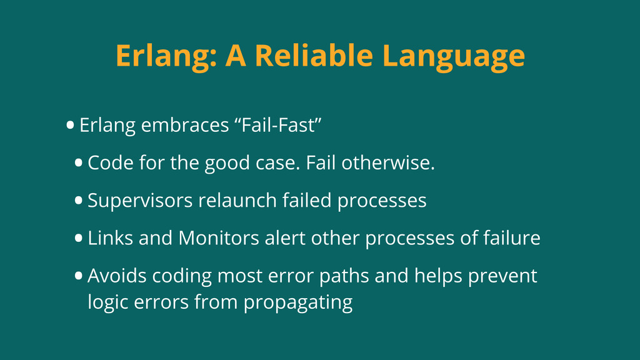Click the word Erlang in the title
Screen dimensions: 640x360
(166, 56)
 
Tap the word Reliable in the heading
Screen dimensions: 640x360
(314, 55)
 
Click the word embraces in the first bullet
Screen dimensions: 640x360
(185, 125)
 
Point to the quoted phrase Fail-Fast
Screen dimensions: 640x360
(278, 124)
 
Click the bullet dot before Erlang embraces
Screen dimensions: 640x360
(70, 125)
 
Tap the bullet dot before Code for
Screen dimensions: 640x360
(78, 163)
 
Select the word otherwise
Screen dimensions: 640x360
(388, 163)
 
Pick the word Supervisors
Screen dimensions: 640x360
(140, 201)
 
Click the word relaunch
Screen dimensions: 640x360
(237, 201)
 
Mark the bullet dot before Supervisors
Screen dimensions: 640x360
(78, 201)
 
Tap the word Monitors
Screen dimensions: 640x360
(219, 238)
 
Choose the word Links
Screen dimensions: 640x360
(110, 238)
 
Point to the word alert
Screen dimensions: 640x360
(285, 238)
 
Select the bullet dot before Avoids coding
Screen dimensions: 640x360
(78, 276)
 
